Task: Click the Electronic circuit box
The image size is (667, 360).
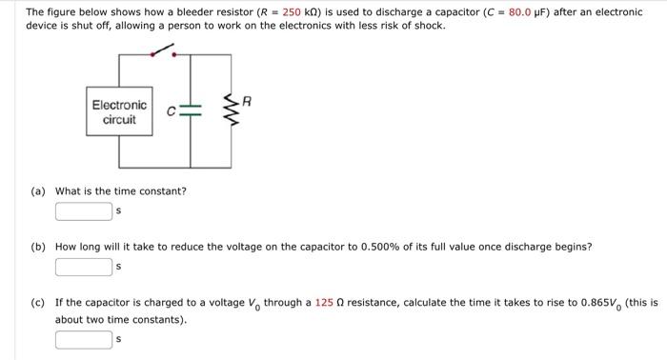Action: tap(119, 112)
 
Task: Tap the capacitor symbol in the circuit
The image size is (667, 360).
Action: tap(192, 112)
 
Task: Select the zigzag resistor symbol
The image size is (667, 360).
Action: tap(228, 112)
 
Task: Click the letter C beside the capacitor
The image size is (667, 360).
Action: tap(172, 112)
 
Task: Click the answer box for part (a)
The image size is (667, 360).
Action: tap(84, 210)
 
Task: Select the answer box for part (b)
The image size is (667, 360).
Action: tap(84, 267)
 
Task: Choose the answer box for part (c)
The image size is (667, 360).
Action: tap(84, 338)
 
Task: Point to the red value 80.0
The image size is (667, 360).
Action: tap(523, 12)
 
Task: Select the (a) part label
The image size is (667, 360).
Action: tap(38, 190)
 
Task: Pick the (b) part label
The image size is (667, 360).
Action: tap(38, 247)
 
